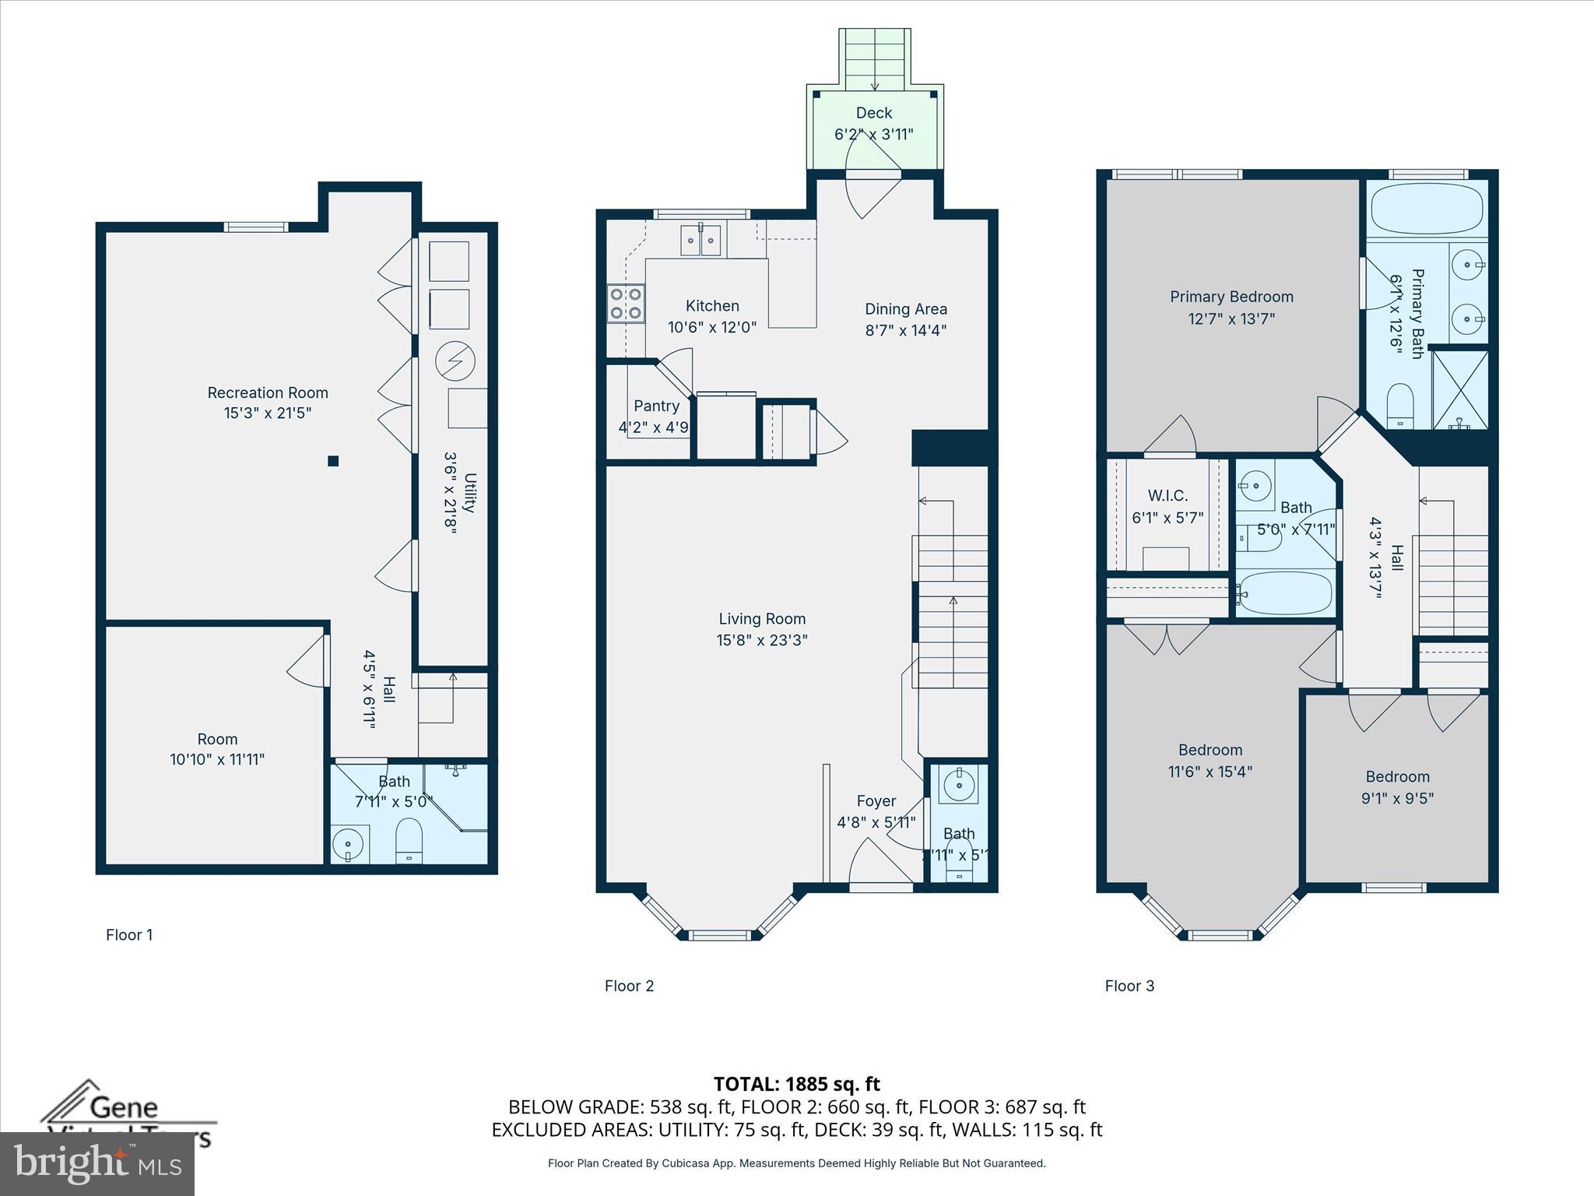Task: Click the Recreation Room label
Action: pos(267,392)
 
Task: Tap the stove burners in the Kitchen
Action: pos(626,304)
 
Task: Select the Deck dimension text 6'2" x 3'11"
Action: pos(873,134)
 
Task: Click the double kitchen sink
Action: pos(700,240)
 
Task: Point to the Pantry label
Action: pos(656,406)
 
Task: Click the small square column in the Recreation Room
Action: pos(333,461)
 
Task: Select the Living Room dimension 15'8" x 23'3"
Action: pos(762,640)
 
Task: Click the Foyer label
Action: pos(876,801)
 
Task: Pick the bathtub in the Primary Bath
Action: pos(1427,209)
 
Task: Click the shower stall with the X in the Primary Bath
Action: pos(1460,389)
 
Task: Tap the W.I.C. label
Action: pos(1167,496)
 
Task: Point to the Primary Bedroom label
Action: pos(1231,297)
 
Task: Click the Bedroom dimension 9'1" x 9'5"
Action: pos(1397,798)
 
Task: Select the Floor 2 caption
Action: pos(629,986)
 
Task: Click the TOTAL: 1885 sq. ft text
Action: pos(796,1084)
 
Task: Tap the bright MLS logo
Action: pos(97,1164)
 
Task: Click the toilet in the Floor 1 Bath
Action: pos(409,841)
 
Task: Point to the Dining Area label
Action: pos(905,309)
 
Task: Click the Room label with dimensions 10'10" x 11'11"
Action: pos(217,739)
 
